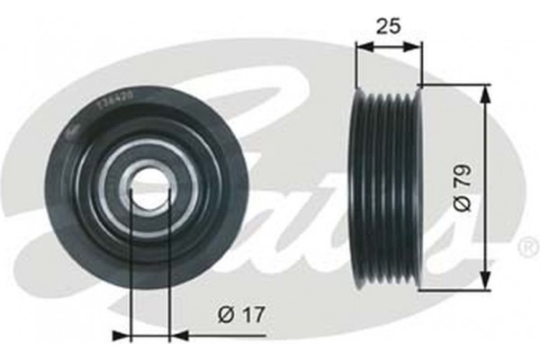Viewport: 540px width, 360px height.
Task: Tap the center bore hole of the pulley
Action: pyautogui.click(x=150, y=186)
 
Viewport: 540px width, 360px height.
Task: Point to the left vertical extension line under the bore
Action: pyautogui.click(x=131, y=270)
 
